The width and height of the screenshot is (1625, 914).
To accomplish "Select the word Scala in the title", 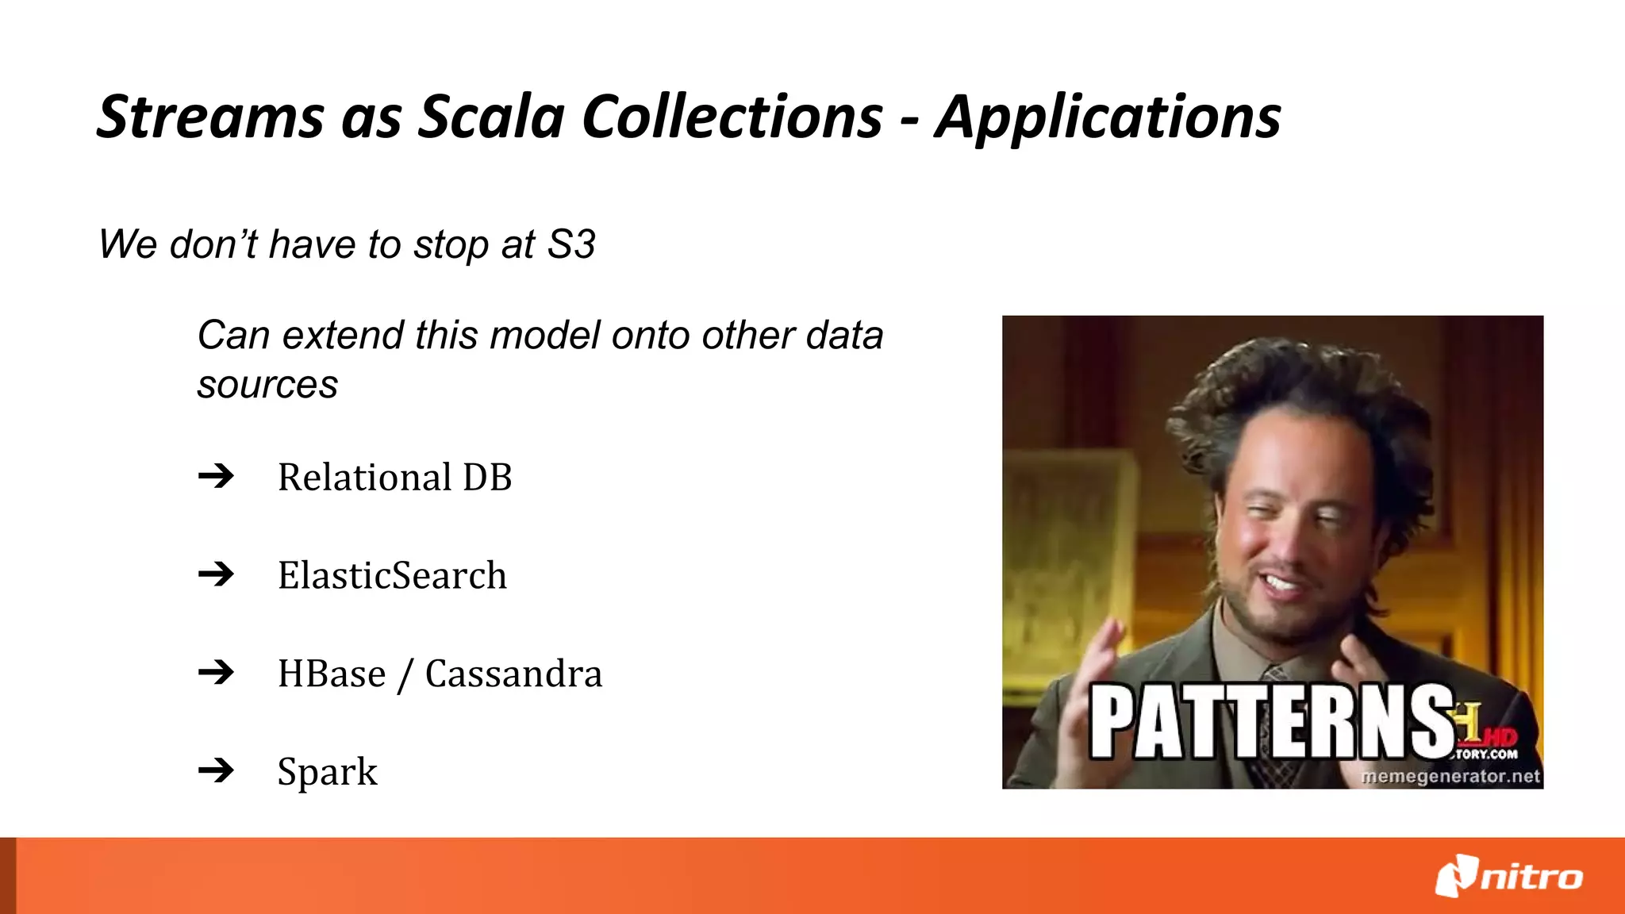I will coord(491,117).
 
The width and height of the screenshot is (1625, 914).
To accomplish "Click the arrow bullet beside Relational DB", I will coord(216,476).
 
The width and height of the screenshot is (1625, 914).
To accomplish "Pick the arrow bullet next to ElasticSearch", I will coord(216,574).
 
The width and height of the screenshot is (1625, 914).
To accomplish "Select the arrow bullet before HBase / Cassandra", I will coord(216,673).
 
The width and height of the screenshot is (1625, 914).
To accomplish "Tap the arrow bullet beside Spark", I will coord(216,770).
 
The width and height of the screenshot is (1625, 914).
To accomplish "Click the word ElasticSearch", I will coord(392,575).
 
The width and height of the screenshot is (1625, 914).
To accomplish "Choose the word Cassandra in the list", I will coord(513,674).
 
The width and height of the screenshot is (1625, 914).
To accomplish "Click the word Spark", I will coord(327,772).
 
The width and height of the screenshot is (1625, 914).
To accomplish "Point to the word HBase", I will coord(332,674).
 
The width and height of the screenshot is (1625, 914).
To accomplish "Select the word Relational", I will coord(364,478).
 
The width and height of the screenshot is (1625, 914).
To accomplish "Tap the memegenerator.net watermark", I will coord(1450,776).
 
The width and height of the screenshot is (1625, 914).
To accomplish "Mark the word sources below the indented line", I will coord(267,386).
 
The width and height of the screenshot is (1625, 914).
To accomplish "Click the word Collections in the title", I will coord(732,117).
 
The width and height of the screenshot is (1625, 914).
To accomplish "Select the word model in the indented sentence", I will coord(547,336).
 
